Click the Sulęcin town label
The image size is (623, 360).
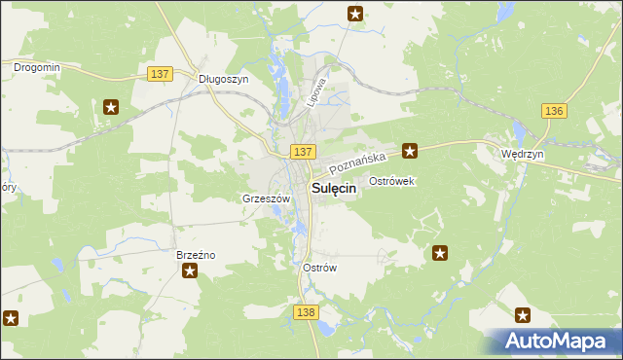coord(332,190)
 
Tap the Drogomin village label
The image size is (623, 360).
coord(37,67)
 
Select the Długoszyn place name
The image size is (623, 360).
coord(224,79)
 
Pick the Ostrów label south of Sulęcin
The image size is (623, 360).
coord(320,268)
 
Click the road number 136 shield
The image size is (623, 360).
coord(554,111)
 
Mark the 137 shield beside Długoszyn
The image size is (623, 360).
coord(161,74)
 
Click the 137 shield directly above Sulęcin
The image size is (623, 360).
coord(302,152)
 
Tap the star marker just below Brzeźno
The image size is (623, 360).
coord(190,270)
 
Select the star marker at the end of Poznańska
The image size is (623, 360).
coord(411,151)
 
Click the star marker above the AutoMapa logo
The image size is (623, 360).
coord(523,315)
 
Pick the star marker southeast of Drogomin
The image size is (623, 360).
coord(112,107)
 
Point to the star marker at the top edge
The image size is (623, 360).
coord(355,14)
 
